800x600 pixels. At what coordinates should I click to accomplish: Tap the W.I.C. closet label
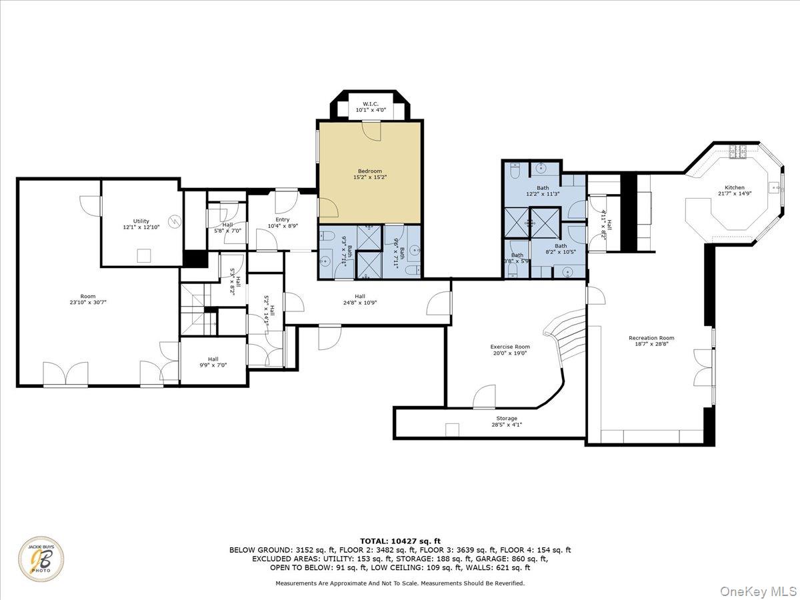tap(371, 104)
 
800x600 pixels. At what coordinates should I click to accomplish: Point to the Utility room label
tap(141, 221)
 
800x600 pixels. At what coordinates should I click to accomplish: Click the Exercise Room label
tap(510, 347)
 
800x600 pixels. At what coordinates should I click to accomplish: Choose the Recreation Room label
tap(651, 338)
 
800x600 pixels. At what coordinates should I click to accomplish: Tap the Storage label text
tap(506, 419)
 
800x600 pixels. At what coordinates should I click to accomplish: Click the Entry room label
tap(283, 219)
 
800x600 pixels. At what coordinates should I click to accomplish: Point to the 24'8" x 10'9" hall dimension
tap(360, 303)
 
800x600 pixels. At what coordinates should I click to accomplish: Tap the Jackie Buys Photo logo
tap(42, 559)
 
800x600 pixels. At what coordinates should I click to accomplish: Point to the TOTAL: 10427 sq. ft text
tap(400, 541)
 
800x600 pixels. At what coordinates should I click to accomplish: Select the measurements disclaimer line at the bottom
tap(400, 583)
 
